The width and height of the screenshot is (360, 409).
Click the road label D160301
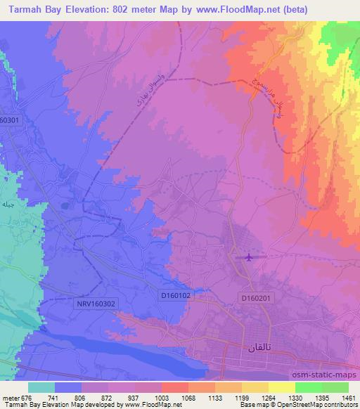pos(11,119)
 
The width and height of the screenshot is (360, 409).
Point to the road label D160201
pos(255,299)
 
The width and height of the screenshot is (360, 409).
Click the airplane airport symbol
pos(247,257)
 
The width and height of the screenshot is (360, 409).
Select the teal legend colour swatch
pos(41,387)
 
